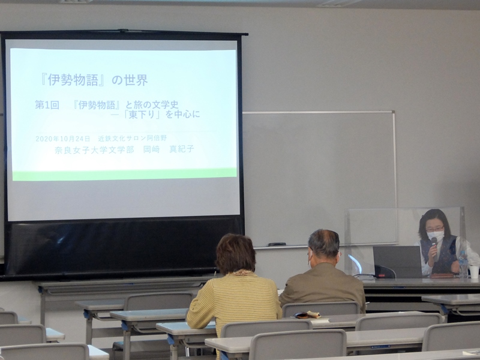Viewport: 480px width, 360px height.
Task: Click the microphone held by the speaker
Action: [434, 248]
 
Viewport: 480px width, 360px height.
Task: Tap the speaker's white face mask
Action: [436, 236]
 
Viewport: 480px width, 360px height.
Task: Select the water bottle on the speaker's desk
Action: [463, 264]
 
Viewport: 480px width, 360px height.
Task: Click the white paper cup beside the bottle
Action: [474, 272]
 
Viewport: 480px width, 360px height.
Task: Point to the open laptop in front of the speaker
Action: [397, 262]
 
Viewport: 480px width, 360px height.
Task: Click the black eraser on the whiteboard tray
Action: [277, 244]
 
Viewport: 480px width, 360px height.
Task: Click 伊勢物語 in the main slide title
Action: [73, 80]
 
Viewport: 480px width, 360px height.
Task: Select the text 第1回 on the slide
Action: [47, 105]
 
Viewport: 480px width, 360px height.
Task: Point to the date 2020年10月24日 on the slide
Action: [63, 139]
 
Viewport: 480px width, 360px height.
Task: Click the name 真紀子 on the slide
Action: [182, 149]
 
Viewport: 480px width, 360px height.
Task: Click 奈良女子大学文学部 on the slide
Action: [94, 149]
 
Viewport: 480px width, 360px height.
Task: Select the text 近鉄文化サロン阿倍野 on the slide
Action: [132, 138]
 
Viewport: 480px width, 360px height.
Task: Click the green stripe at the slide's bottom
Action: [125, 175]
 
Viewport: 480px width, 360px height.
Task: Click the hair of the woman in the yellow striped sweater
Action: [235, 254]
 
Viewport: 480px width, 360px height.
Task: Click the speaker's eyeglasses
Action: [434, 229]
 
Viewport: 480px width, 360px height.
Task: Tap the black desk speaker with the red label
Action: [383, 272]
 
